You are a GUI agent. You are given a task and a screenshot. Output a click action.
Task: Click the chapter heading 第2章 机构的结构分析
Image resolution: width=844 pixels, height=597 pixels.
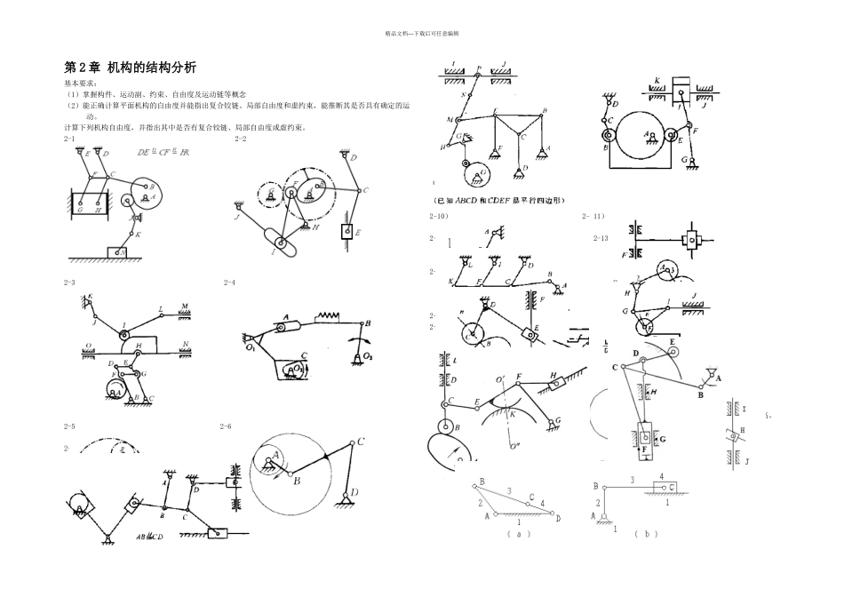tap(131, 68)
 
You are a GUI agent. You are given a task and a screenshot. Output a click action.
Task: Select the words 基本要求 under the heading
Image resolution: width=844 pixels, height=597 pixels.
tap(83, 83)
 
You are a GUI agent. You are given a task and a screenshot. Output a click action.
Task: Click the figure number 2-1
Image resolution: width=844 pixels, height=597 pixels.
tap(68, 139)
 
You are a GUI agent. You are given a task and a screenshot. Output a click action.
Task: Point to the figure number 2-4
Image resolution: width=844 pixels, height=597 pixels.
tap(228, 283)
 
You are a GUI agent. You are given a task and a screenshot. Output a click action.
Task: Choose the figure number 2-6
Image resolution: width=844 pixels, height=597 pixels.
tap(226, 426)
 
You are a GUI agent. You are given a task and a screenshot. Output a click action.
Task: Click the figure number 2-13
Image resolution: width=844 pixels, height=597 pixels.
tap(601, 238)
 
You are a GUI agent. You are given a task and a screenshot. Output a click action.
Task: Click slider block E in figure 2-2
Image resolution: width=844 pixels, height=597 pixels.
tap(346, 234)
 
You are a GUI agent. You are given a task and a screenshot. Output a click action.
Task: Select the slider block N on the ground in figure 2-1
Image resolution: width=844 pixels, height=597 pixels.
tap(116, 252)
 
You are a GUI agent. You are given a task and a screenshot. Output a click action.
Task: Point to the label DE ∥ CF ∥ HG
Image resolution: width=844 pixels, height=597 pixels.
tap(163, 153)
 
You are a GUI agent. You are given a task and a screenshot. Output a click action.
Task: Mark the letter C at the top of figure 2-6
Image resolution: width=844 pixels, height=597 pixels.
tap(362, 441)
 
